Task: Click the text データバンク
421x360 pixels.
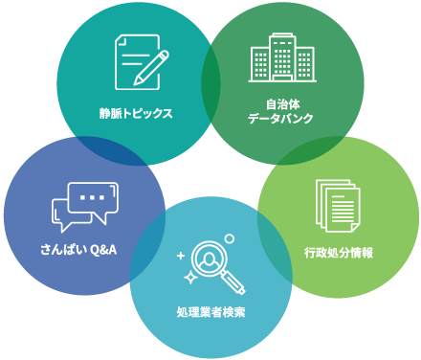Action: [280, 119]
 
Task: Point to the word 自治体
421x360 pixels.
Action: [280, 102]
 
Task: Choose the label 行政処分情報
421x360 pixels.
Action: [338, 254]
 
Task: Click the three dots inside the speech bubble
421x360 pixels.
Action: [92, 197]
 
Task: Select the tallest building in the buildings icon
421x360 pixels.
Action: [280, 55]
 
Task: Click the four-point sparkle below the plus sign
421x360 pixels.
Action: [189, 276]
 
